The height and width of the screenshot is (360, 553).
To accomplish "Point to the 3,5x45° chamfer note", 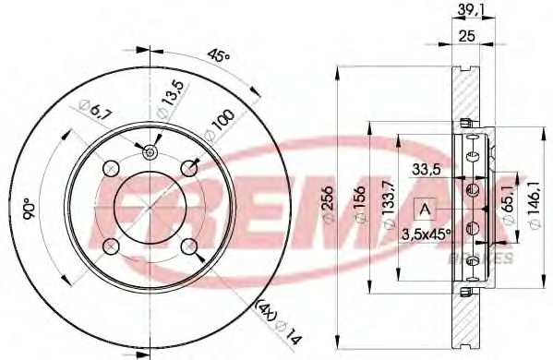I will [x=426, y=234].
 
